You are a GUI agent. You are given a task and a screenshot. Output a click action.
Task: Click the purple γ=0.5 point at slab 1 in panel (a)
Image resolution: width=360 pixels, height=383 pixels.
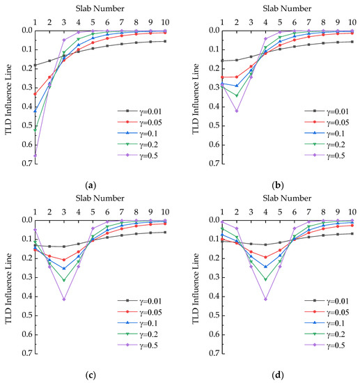click(x=36, y=155)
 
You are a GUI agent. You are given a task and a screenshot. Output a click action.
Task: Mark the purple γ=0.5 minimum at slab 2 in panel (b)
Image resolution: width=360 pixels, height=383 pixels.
click(x=237, y=111)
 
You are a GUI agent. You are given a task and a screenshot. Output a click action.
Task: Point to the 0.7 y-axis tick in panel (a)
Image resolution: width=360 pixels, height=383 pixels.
click(x=26, y=164)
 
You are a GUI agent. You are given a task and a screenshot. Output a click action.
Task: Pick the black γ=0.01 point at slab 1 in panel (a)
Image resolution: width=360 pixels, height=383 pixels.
click(x=36, y=65)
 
